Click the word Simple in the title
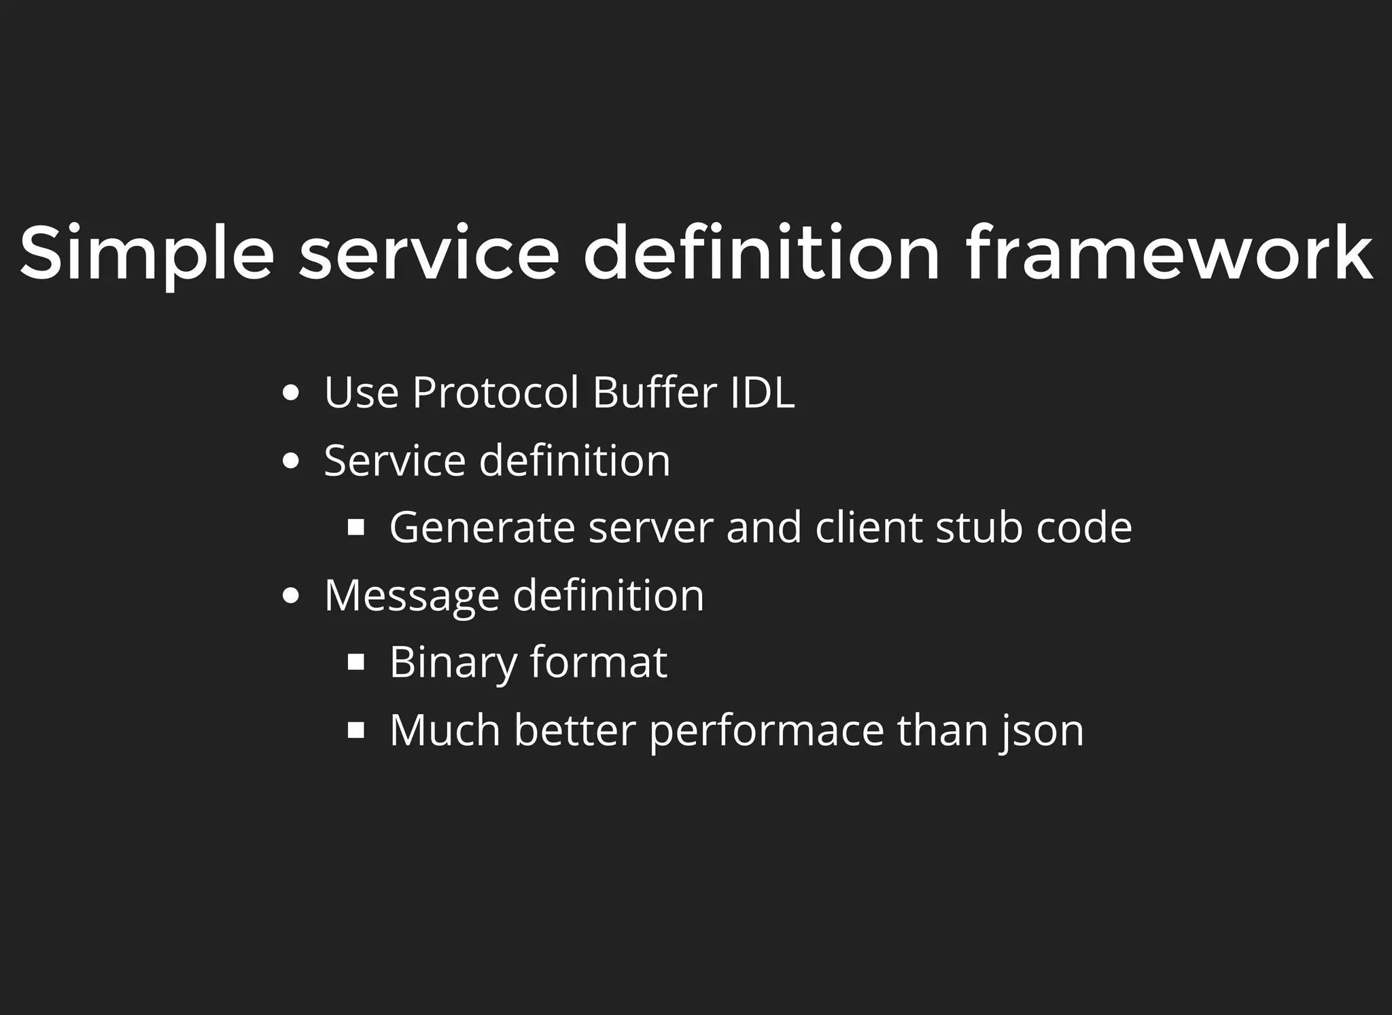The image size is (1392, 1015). click(x=146, y=253)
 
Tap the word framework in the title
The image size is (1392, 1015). click(x=1168, y=253)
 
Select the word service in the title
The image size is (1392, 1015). click(x=429, y=253)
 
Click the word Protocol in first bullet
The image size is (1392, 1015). click(x=495, y=393)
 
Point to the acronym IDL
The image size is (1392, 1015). click(x=762, y=393)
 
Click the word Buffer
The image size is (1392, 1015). click(x=655, y=393)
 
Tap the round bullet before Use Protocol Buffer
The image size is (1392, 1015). click(x=290, y=393)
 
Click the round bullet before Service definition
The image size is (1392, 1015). click(x=290, y=461)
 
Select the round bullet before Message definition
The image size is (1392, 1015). click(x=290, y=596)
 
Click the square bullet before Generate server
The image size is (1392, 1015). click(x=356, y=528)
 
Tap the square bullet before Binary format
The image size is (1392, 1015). click(x=356, y=662)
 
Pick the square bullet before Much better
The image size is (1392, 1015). click(x=356, y=730)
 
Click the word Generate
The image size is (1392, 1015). click(x=482, y=528)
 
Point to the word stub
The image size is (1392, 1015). click(x=979, y=528)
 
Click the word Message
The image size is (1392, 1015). click(x=411, y=596)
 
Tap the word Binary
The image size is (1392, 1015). click(x=453, y=662)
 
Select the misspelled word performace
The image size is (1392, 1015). click(x=767, y=730)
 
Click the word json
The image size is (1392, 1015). click(x=1043, y=730)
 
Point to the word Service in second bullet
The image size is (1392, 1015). click(x=394, y=461)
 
